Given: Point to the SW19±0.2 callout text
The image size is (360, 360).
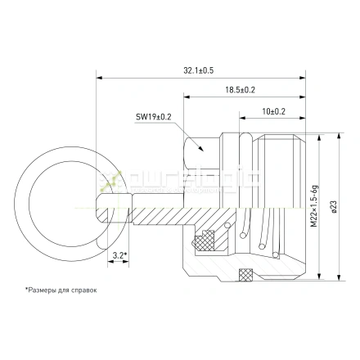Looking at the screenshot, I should coord(154,117).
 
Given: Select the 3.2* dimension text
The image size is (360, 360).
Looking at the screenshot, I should coord(120,256).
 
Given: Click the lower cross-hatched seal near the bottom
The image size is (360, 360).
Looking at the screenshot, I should coord(246,273).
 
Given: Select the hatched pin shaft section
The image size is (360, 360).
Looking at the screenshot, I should coord(164,214).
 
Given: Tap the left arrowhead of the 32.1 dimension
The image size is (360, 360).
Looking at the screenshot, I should coord(101,79).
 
